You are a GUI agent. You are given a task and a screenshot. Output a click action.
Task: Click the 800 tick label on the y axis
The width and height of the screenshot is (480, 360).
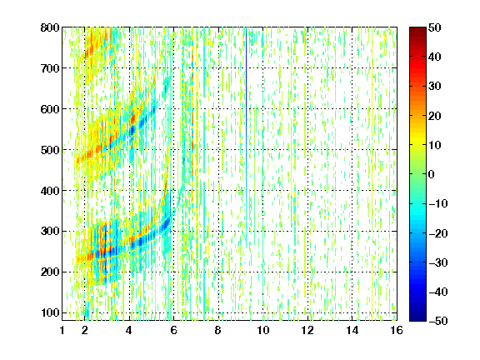point(50,27)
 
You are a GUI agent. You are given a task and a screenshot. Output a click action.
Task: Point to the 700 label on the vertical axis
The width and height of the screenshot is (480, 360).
point(50,68)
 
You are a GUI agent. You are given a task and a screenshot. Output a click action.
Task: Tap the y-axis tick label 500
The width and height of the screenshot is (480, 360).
point(50,150)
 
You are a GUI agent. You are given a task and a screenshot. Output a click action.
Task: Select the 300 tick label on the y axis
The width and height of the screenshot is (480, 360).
point(50,232)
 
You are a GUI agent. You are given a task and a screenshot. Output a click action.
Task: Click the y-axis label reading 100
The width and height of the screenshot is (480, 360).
point(50,312)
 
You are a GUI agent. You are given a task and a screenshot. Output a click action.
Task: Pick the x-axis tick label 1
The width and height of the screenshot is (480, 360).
point(62,330)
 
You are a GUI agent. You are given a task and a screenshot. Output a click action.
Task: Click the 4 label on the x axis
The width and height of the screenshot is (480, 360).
point(129,330)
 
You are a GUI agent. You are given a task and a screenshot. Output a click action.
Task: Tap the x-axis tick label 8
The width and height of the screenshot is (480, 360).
point(217,330)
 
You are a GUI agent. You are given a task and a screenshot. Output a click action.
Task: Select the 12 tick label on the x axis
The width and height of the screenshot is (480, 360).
point(307,330)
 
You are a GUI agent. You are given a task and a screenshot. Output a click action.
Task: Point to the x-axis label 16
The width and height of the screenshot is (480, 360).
point(396,330)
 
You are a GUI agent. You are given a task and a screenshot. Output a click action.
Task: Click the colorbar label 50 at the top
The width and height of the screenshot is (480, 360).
point(434,27)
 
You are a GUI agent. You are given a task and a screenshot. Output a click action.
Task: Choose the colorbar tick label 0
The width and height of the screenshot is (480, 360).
point(431,174)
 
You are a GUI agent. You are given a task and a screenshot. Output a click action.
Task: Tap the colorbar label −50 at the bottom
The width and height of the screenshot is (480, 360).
point(437,321)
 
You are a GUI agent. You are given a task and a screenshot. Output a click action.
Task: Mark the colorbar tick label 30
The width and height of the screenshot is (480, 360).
point(434,87)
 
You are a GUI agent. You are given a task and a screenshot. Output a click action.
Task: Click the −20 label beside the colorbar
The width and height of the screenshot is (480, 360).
point(437,233)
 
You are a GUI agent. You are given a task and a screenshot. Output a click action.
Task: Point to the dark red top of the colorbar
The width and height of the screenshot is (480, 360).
point(417,31)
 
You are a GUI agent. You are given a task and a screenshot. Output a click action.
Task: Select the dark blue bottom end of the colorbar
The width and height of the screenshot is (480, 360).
point(417,317)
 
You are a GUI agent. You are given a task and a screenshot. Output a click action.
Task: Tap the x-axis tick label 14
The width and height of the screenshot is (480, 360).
point(352,330)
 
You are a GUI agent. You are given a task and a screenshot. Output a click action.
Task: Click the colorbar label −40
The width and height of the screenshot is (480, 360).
point(437,292)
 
